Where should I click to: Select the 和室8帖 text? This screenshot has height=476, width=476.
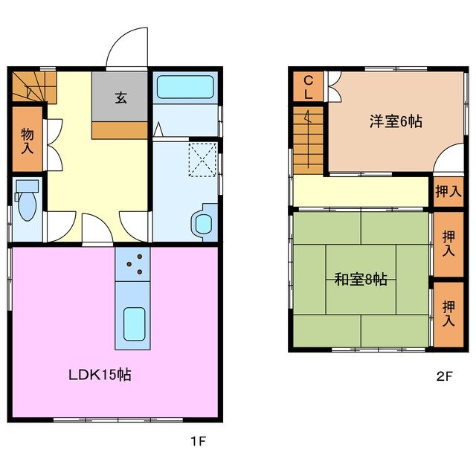[360, 280]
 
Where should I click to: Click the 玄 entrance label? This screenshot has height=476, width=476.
[120, 97]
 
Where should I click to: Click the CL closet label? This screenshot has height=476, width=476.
[307, 87]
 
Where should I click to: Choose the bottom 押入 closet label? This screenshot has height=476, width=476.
[448, 313]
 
